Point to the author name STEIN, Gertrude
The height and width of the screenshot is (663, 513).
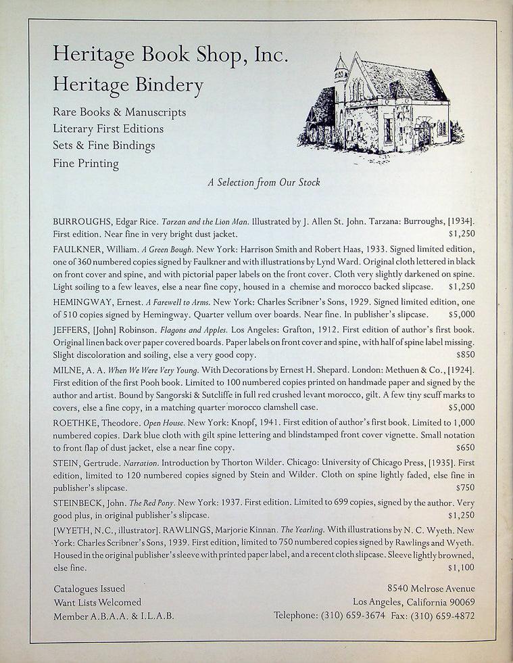86,465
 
